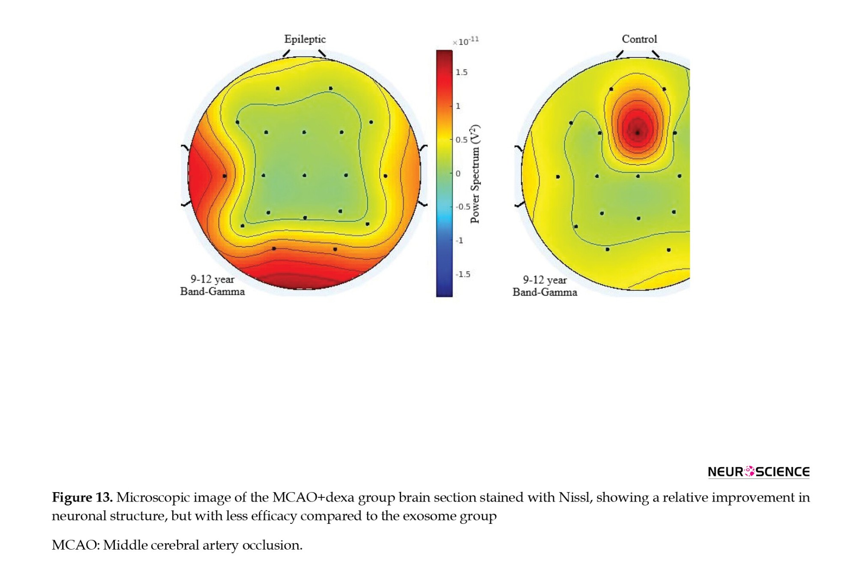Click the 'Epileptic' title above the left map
305,39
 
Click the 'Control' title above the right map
639,39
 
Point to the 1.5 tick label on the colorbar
461,72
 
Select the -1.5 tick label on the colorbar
463,274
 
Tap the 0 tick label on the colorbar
458,174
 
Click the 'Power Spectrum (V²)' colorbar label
475,174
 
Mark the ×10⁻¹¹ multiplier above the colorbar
466,41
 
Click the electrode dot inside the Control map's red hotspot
638,133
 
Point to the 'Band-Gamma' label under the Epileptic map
212,292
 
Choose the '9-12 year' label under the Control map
545,280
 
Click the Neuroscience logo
758,472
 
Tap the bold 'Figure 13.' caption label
82,497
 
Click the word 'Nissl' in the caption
575,497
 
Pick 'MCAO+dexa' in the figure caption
313,497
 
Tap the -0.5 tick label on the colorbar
463,207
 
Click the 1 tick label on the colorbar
458,106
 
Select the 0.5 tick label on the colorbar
461,140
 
